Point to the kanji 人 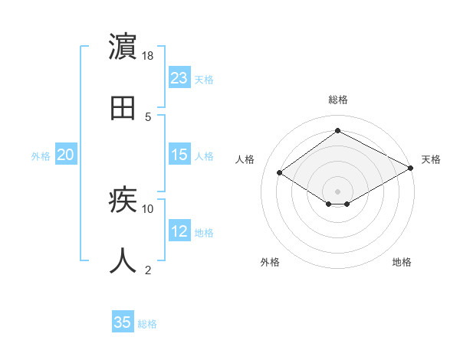123,261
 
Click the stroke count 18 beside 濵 148,56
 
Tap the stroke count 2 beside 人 148,270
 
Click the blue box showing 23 179,78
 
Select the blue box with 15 179,155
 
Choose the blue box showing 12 179,231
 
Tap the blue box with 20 66,155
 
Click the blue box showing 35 123,322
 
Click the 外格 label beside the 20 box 41,155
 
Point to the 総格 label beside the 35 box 147,323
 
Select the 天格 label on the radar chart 431,159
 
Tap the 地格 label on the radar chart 402,262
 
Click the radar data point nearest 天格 412,168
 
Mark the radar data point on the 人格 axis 280,173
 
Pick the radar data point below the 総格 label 337,131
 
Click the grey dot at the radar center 337,191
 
